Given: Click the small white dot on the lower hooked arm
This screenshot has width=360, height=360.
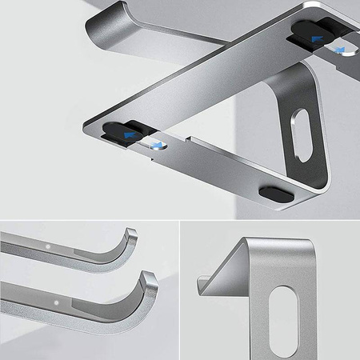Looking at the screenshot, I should [x=58, y=304].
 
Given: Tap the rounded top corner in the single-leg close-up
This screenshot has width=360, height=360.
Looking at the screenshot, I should [x=248, y=239].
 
